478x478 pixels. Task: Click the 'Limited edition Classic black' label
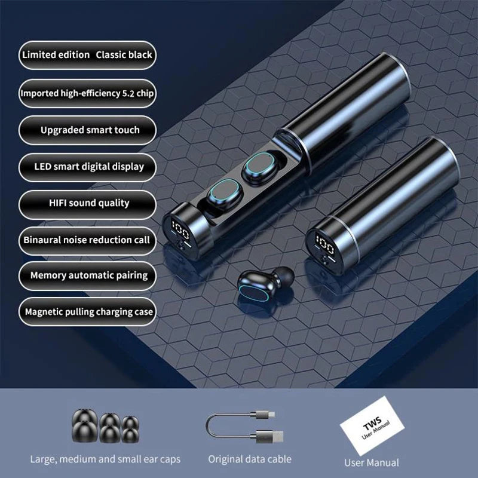coord(87,55)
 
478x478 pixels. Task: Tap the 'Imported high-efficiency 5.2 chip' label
coord(87,93)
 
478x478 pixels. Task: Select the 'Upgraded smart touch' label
coord(90,130)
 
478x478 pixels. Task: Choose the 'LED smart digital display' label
coord(88,167)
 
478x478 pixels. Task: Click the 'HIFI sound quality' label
coord(89,203)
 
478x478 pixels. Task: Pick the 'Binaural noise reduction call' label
coord(87,240)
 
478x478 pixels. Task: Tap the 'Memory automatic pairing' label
coord(88,275)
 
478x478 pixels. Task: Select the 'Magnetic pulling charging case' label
coord(88,311)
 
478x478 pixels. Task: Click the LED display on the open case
coord(180,229)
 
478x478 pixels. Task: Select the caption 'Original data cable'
coord(250,459)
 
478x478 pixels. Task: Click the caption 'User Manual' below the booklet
coord(372,462)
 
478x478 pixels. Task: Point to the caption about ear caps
coord(105,459)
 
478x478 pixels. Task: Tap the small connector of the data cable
coord(266,413)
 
